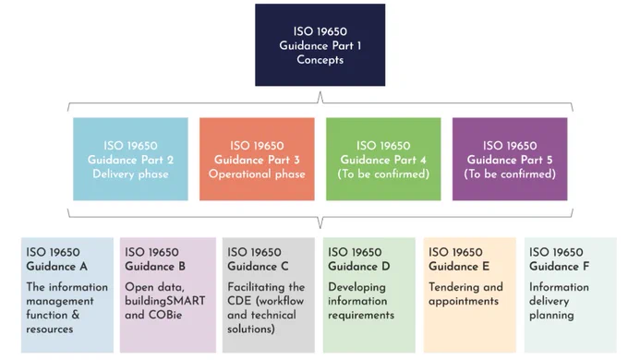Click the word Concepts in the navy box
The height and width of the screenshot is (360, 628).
click(320, 60)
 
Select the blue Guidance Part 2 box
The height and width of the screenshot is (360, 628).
click(130, 159)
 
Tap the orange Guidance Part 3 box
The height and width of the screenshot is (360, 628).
click(257, 159)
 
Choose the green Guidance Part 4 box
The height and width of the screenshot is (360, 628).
click(383, 159)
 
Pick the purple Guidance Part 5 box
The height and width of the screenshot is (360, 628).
click(510, 159)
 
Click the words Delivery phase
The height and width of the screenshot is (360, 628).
click(130, 174)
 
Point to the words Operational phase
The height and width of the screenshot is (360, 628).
click(257, 174)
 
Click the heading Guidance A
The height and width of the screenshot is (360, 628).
click(57, 266)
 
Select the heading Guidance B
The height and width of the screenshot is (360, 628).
click(155, 266)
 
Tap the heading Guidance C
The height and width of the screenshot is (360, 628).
click(258, 266)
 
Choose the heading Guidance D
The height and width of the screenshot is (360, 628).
click(359, 266)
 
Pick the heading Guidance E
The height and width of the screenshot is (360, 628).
click(459, 266)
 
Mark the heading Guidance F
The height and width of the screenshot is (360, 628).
click(559, 266)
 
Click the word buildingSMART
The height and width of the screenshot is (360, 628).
click(165, 301)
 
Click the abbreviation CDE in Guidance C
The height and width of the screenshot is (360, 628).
click(237, 301)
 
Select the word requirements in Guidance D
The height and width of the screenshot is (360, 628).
click(361, 316)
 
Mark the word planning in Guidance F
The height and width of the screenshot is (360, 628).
click(551, 316)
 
